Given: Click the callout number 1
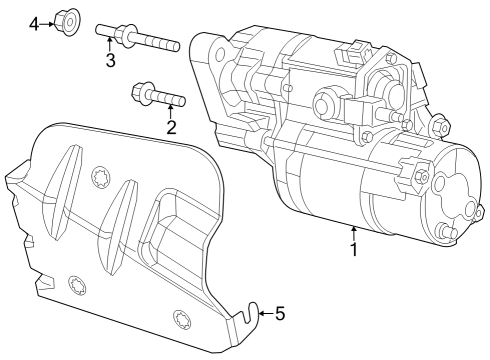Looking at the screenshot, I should pos(353,249).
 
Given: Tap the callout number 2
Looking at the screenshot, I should pos(171,127).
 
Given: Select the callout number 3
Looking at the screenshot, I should pos(111,62).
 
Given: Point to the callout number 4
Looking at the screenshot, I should pos(34,23).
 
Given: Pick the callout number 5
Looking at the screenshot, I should pos(280,314).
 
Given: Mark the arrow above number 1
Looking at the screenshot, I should pos(353,232).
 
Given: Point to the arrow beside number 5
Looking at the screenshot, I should pos(263,314).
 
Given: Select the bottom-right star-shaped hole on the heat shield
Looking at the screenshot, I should pos(181,320).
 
